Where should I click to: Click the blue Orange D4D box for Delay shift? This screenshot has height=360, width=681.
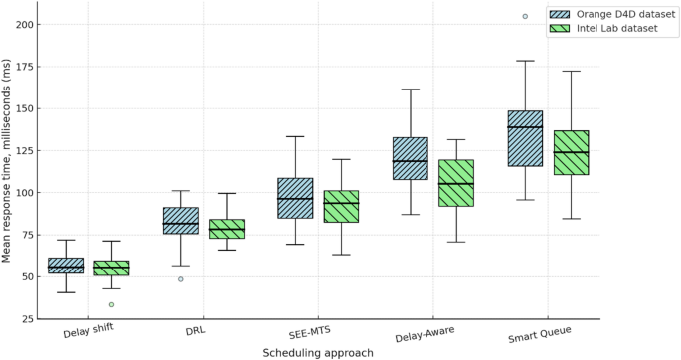coord(66,266)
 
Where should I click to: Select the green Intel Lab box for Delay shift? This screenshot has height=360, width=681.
coord(111,268)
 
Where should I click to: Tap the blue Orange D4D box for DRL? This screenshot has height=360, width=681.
coord(180,221)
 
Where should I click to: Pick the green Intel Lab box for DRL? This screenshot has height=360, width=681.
coord(227,229)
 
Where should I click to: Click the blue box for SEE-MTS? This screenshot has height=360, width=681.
coord(295,198)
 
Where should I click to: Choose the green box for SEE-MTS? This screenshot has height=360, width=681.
coord(341,206)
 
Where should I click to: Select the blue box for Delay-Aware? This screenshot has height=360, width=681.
coord(410,158)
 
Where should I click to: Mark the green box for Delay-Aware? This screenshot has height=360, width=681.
coord(456,183)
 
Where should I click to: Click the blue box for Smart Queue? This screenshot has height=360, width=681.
coord(525,138)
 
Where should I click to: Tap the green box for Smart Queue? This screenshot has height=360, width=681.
coord(571,152)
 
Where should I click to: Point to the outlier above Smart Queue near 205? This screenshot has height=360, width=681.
coord(525,16)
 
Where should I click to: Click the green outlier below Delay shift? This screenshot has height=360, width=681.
coord(111,304)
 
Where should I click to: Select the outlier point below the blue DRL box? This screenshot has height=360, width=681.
coord(180,279)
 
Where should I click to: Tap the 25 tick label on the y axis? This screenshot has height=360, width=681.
coord(30,318)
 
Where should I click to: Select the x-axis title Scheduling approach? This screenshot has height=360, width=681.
coord(318,352)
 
